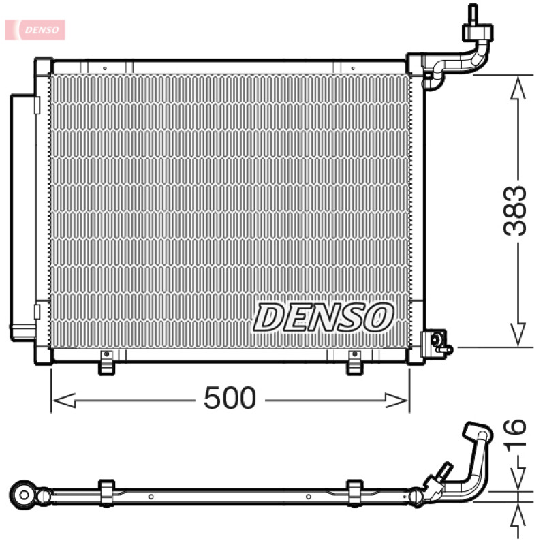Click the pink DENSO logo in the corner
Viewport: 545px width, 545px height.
click(x=35, y=29)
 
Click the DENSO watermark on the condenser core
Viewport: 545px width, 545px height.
click(x=324, y=317)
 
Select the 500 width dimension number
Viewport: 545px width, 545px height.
click(x=230, y=398)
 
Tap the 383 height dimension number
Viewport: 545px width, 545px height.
click(x=516, y=211)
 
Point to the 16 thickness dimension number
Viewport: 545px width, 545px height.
click(x=516, y=435)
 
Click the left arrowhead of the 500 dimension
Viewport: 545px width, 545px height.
click(x=64, y=401)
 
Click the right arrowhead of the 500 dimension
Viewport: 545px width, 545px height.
click(x=397, y=401)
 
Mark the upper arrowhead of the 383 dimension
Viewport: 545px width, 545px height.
click(x=518, y=88)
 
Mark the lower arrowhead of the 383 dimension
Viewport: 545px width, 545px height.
click(x=518, y=334)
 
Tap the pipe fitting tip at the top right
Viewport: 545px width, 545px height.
click(x=473, y=14)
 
